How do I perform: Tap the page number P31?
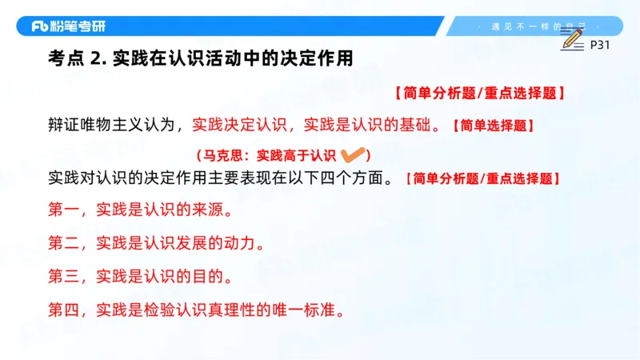point(599,46)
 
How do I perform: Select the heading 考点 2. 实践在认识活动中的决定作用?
point(200,59)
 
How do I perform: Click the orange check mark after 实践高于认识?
point(353,154)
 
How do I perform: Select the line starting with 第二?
point(156,242)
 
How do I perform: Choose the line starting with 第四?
point(196,309)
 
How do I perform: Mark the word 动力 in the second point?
point(240,242)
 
